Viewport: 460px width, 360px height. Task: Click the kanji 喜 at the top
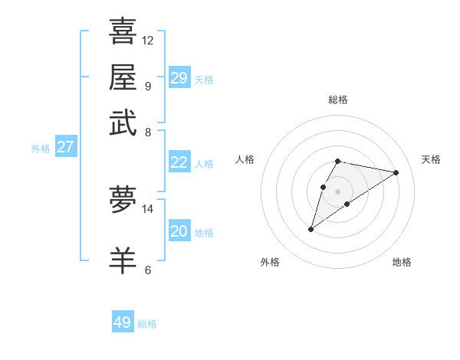pyautogui.click(x=123, y=31)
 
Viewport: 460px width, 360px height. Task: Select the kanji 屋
pyautogui.click(x=123, y=77)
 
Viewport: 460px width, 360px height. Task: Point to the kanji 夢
pyautogui.click(x=123, y=200)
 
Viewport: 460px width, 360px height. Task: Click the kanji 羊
pyautogui.click(x=123, y=260)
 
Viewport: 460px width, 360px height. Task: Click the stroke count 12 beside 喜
pyautogui.click(x=148, y=40)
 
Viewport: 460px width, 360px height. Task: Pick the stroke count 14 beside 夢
pyautogui.click(x=148, y=208)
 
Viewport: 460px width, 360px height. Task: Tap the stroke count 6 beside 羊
pyautogui.click(x=148, y=270)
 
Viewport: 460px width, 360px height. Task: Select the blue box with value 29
pyautogui.click(x=179, y=77)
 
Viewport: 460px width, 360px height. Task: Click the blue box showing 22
pyautogui.click(x=179, y=162)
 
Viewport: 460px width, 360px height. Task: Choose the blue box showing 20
pyautogui.click(x=179, y=231)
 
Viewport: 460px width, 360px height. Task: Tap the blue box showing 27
pyautogui.click(x=65, y=147)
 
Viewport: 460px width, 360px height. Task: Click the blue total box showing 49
pyautogui.click(x=123, y=322)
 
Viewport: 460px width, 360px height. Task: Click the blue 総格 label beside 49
pyautogui.click(x=147, y=324)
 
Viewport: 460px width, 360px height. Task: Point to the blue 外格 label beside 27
pyautogui.click(x=41, y=149)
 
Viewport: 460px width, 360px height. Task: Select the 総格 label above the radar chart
pyautogui.click(x=337, y=100)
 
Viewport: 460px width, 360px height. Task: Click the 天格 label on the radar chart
pyautogui.click(x=431, y=159)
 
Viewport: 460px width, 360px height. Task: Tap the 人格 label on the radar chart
pyautogui.click(x=245, y=159)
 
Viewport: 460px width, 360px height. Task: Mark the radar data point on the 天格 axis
pyautogui.click(x=396, y=172)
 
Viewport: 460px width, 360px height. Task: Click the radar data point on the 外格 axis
pyautogui.click(x=310, y=229)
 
